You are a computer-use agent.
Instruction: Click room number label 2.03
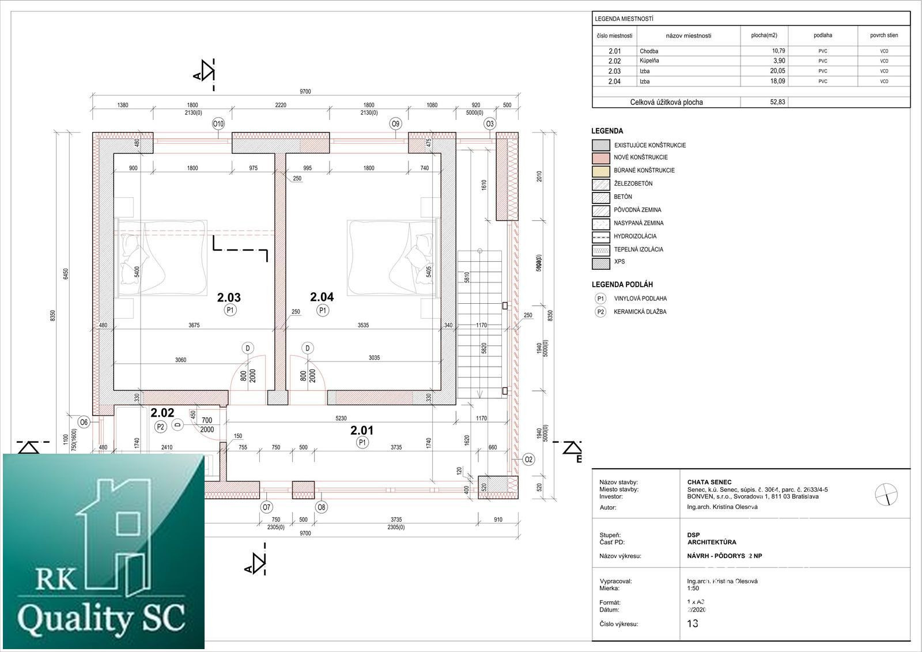click(x=229, y=297)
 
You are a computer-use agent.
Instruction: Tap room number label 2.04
click(x=322, y=297)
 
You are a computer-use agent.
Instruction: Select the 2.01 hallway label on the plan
click(x=362, y=430)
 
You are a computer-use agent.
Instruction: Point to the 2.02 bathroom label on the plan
click(x=162, y=413)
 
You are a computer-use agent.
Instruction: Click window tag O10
click(x=218, y=123)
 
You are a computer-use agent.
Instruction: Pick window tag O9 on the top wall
click(x=395, y=123)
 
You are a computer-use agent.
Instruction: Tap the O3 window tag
click(x=490, y=123)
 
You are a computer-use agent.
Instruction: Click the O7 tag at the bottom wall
click(x=266, y=507)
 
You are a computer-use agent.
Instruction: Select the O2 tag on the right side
click(x=528, y=459)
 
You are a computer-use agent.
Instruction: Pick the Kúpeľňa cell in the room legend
click(x=649, y=61)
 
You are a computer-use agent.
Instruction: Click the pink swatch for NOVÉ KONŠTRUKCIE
click(x=600, y=157)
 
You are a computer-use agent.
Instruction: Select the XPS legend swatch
click(x=600, y=263)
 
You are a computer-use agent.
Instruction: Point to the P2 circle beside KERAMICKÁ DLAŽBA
click(x=600, y=312)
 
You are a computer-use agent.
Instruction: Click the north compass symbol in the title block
click(x=886, y=494)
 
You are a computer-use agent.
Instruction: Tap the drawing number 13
click(x=693, y=623)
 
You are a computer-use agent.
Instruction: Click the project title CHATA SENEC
click(x=709, y=482)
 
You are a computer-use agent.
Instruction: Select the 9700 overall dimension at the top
click(x=305, y=92)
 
